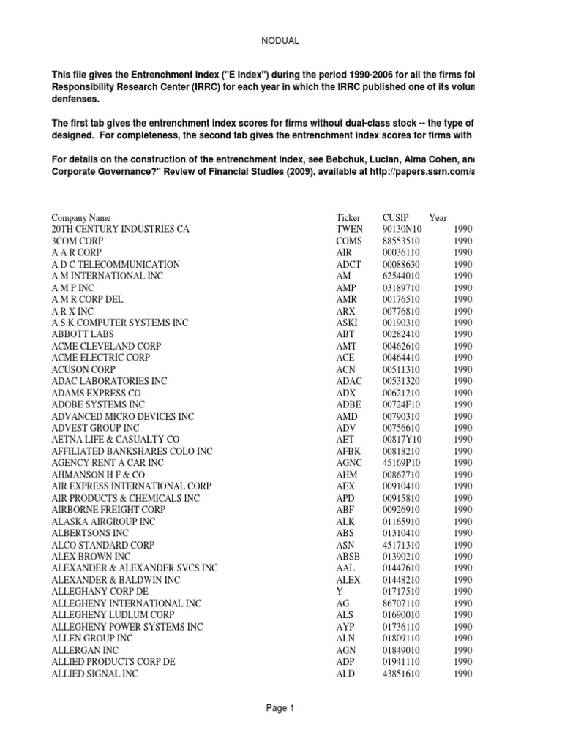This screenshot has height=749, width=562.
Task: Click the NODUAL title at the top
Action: click(x=280, y=41)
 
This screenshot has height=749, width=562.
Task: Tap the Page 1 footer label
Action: click(x=280, y=708)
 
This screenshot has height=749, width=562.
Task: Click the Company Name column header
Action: click(x=81, y=217)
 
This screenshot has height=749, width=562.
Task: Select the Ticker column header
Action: click(x=348, y=217)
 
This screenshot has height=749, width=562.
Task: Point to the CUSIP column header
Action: click(x=396, y=217)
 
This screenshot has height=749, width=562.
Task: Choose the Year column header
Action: click(x=438, y=217)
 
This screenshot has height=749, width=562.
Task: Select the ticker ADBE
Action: click(x=348, y=404)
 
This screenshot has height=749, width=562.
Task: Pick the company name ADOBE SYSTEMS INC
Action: click(x=98, y=404)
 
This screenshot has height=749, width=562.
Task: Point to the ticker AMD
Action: click(x=347, y=416)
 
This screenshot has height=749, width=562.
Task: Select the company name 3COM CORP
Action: click(x=78, y=241)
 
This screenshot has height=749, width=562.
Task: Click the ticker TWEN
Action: click(x=350, y=229)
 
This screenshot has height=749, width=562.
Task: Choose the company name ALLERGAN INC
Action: click(x=85, y=650)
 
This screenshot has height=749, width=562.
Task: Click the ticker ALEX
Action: click(x=348, y=580)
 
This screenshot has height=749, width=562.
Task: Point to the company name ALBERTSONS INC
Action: click(x=90, y=533)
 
